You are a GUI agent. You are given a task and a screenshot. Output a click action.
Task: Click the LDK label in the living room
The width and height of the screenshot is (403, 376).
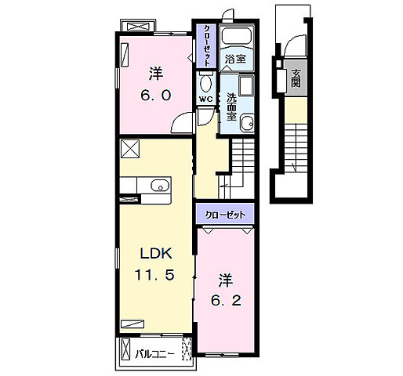[x=156, y=253]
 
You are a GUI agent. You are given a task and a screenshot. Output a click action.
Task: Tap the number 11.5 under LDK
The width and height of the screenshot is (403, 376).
[x=154, y=275]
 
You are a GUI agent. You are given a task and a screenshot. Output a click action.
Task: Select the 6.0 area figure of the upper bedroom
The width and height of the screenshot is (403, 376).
[x=156, y=95]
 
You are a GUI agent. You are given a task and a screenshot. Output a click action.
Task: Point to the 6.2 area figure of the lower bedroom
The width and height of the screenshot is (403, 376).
[x=226, y=301]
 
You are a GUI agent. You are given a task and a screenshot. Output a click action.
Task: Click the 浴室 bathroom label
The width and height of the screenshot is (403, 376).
[x=235, y=59]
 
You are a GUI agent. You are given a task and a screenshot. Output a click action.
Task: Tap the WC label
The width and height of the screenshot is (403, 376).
[x=206, y=99]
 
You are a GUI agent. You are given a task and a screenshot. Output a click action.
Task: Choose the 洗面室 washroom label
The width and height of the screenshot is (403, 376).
[x=231, y=107]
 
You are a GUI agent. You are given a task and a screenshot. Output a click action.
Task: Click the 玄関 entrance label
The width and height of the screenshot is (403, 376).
[x=296, y=78]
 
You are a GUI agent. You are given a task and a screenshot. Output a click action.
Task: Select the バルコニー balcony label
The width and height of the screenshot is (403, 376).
[x=154, y=354]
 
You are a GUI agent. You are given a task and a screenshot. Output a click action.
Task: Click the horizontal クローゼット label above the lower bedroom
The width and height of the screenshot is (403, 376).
[x=225, y=215]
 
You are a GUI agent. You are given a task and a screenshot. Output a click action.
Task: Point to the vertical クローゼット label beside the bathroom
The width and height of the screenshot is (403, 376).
[x=206, y=45]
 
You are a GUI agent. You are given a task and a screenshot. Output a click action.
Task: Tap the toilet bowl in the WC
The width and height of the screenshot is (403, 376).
[x=206, y=83]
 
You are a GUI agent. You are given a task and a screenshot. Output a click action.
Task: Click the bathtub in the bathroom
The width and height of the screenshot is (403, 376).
[x=237, y=36]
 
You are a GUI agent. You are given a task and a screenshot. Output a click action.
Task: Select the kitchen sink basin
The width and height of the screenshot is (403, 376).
[x=160, y=186]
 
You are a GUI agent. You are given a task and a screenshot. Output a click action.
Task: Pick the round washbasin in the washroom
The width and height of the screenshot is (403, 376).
[x=247, y=123]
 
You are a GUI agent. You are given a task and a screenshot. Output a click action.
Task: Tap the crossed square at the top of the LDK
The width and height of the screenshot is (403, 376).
[x=130, y=149]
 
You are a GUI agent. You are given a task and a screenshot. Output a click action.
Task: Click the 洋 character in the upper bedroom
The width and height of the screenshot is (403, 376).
[x=156, y=74]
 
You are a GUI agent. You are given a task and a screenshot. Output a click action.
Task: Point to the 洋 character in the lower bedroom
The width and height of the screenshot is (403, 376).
[x=226, y=280]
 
